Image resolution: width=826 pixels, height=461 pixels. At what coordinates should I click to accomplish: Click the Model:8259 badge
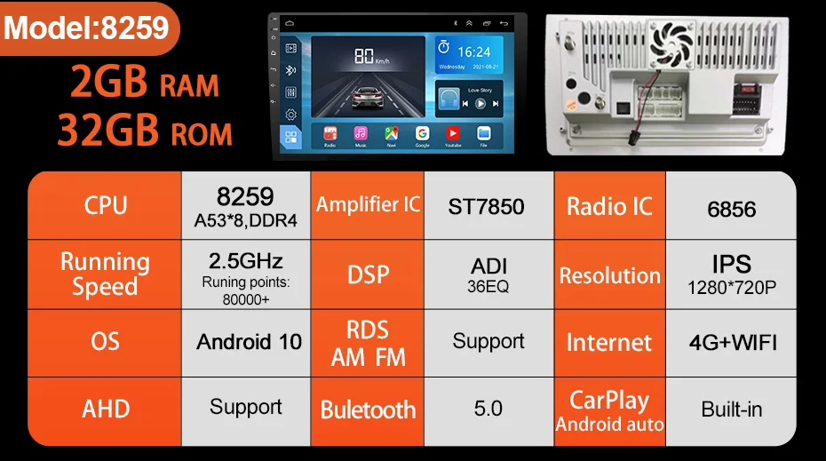pyautogui.click(x=87, y=28)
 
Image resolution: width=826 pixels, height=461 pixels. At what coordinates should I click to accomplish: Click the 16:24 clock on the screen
pyautogui.click(x=474, y=52)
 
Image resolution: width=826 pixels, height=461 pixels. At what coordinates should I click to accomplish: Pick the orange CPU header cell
pyautogui.click(x=106, y=205)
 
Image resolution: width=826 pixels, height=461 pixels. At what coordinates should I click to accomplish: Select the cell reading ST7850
pyautogui.click(x=486, y=207)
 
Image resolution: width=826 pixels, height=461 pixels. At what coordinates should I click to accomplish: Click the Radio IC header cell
pyautogui.click(x=609, y=207)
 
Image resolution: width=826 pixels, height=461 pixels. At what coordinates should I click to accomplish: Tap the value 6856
pyautogui.click(x=732, y=210)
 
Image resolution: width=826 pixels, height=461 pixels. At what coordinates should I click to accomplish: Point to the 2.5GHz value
pyautogui.click(x=245, y=261)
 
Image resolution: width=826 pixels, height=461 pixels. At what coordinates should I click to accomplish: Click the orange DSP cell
pyautogui.click(x=368, y=274)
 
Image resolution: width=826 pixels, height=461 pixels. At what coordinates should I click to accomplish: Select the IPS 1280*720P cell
pyautogui.click(x=732, y=274)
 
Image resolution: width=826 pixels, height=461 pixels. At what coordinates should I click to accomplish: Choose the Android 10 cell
pyautogui.click(x=249, y=342)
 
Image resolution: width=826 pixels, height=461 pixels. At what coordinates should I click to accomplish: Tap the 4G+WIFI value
pyautogui.click(x=733, y=342)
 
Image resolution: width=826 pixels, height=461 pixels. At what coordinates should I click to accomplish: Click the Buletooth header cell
pyautogui.click(x=368, y=410)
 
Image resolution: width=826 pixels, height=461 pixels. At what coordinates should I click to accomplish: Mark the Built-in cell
pyautogui.click(x=732, y=409)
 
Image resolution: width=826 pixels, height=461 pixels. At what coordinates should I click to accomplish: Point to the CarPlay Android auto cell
pyautogui.click(x=609, y=410)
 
